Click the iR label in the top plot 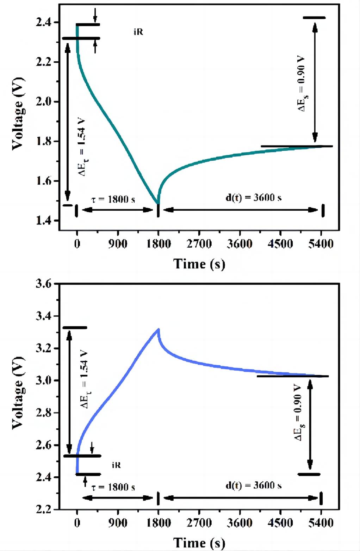(x=138, y=32)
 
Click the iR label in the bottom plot (x=116, y=465)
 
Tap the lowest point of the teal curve (x=158, y=204)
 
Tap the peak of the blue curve (x=159, y=329)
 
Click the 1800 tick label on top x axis (x=159, y=244)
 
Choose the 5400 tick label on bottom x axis (x=321, y=522)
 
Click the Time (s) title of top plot (x=199, y=264)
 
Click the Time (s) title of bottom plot (x=199, y=543)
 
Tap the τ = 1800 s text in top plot (x=113, y=200)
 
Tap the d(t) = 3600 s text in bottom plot (x=253, y=485)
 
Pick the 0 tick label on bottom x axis (x=77, y=522)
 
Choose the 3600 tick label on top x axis (x=240, y=244)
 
